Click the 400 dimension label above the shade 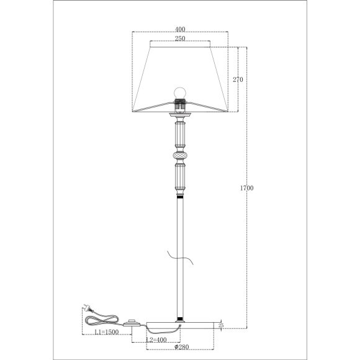(x=180, y=29)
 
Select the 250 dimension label (x=180, y=38)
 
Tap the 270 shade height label (x=238, y=79)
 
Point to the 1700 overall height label (x=247, y=188)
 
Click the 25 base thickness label (x=221, y=325)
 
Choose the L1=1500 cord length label (x=107, y=332)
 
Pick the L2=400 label (x=156, y=340)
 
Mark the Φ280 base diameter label (x=182, y=347)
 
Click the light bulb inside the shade (x=180, y=93)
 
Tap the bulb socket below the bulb (x=180, y=106)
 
